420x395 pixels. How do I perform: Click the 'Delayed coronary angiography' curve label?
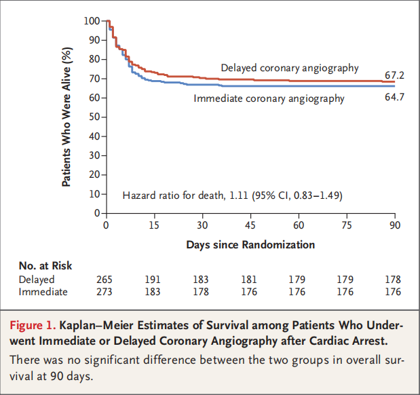290,68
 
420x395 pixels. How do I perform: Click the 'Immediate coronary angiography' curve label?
269,98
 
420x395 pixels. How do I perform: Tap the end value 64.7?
395,98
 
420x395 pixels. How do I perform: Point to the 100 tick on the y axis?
92,21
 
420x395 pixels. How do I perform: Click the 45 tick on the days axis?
250,225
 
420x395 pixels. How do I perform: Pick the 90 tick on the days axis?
395,225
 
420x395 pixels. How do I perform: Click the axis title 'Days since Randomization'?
250,244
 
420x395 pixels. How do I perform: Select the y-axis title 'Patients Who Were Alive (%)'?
66,117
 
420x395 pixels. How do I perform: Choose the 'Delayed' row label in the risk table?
37,280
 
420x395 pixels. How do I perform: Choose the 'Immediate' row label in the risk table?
43,292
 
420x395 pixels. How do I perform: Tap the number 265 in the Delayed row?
106,280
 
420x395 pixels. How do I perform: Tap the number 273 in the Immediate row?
106,292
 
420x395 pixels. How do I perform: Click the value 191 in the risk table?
154,280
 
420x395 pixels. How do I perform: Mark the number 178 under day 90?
392,280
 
